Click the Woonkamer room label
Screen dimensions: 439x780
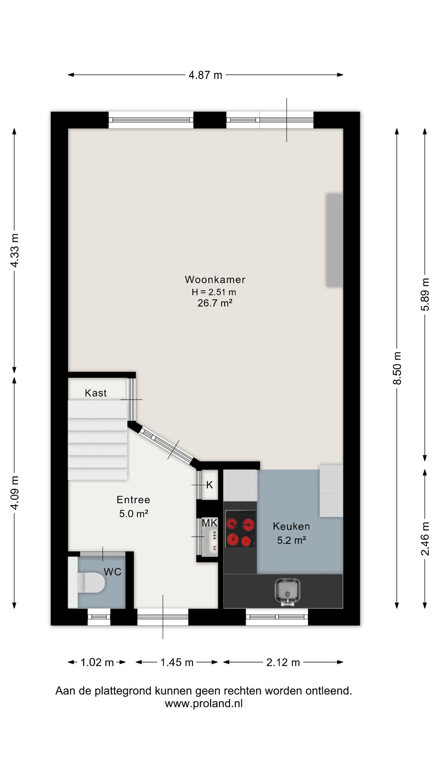[215, 279]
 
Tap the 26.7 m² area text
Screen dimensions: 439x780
[215, 303]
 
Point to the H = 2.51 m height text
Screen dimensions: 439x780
[214, 292]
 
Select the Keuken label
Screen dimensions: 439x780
[291, 526]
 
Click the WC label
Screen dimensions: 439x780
[113, 572]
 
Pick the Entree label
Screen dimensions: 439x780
[133, 500]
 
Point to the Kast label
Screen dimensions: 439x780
[96, 393]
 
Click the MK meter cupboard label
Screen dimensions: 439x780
[210, 523]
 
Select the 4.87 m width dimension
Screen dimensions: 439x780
[206, 75]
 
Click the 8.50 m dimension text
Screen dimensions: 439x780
[397, 368]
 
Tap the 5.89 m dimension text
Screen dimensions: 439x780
[425, 295]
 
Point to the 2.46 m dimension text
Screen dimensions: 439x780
[425, 539]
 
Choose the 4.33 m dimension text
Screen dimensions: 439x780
[15, 250]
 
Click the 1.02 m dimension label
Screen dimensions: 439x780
[97, 662]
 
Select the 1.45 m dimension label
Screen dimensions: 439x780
[177, 662]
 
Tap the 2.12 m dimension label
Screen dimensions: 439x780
[283, 662]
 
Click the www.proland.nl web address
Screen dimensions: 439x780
[204, 704]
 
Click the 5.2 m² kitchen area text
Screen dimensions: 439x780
[291, 540]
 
